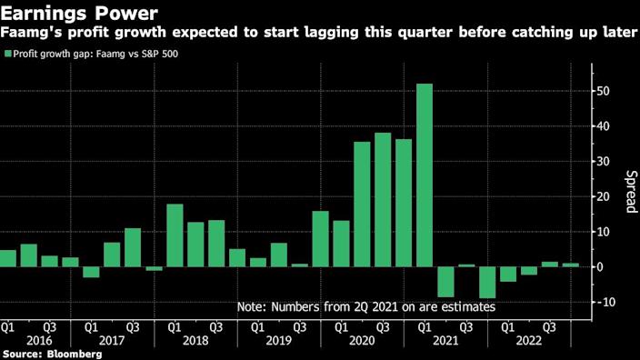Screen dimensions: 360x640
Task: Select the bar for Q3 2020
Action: (x=383, y=199)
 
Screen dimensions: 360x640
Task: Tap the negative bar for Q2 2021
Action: (x=445, y=281)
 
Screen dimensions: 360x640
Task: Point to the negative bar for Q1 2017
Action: (x=91, y=271)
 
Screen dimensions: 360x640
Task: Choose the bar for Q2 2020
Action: (x=362, y=204)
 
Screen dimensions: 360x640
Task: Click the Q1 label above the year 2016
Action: (x=7, y=325)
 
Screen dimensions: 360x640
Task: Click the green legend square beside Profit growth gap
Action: (x=8, y=55)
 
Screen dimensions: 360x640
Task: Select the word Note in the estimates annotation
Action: (x=253, y=307)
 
